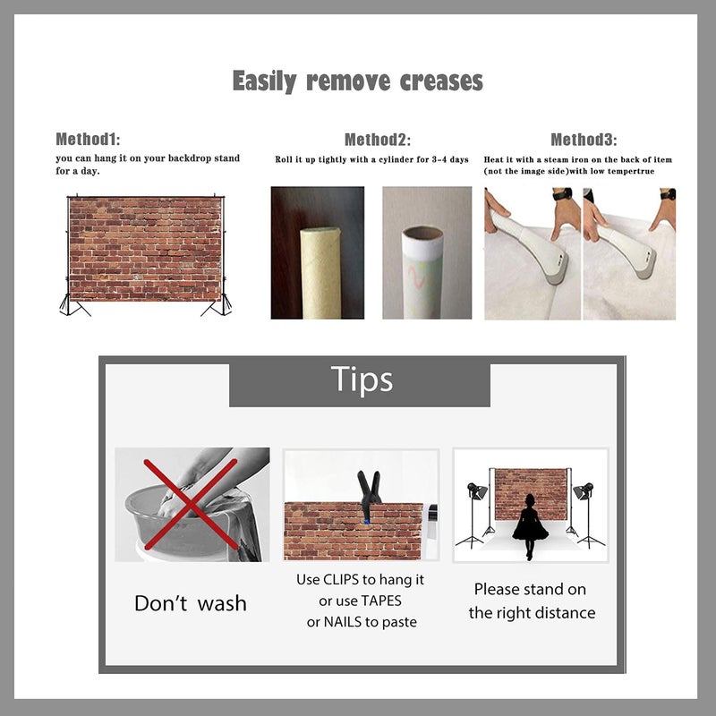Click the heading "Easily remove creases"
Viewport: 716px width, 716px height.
pos(357,81)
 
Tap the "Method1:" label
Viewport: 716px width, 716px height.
pos(88,139)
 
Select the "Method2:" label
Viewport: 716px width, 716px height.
pos(377,140)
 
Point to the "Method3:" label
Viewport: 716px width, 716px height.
pos(584,140)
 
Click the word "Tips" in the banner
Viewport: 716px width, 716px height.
pos(362,379)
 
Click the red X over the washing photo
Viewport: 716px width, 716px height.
pos(191,504)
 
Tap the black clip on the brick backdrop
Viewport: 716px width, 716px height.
pos(369,495)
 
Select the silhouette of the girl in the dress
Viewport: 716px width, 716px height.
pos(529,526)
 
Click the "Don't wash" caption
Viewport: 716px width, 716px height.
pos(191,603)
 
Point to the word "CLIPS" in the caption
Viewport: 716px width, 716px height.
pos(341,579)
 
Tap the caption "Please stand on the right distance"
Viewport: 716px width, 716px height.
pos(532,601)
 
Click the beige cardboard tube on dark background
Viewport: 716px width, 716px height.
pos(320,273)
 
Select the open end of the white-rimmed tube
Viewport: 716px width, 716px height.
pos(422,232)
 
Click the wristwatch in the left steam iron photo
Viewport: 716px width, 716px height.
pos(562,194)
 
